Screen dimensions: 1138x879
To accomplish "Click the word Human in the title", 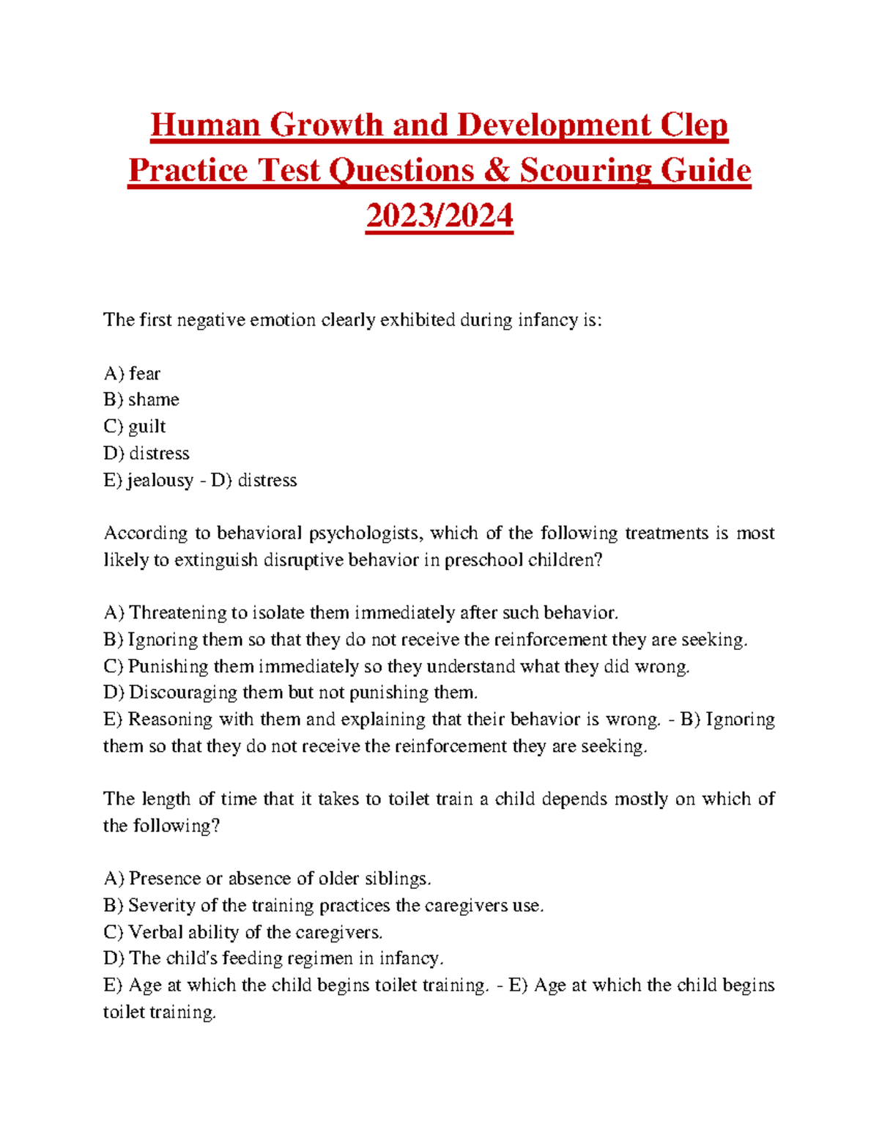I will coord(206,125).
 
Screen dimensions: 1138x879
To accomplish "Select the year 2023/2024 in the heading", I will coord(439,216).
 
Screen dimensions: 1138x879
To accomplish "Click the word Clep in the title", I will coord(693,125).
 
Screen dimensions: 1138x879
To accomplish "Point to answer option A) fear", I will coord(132,374).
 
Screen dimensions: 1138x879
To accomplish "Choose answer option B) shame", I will coord(141,400).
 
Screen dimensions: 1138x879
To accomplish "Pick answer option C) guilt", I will coord(135,426).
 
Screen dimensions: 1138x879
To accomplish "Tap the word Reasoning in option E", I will coord(169,720).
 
